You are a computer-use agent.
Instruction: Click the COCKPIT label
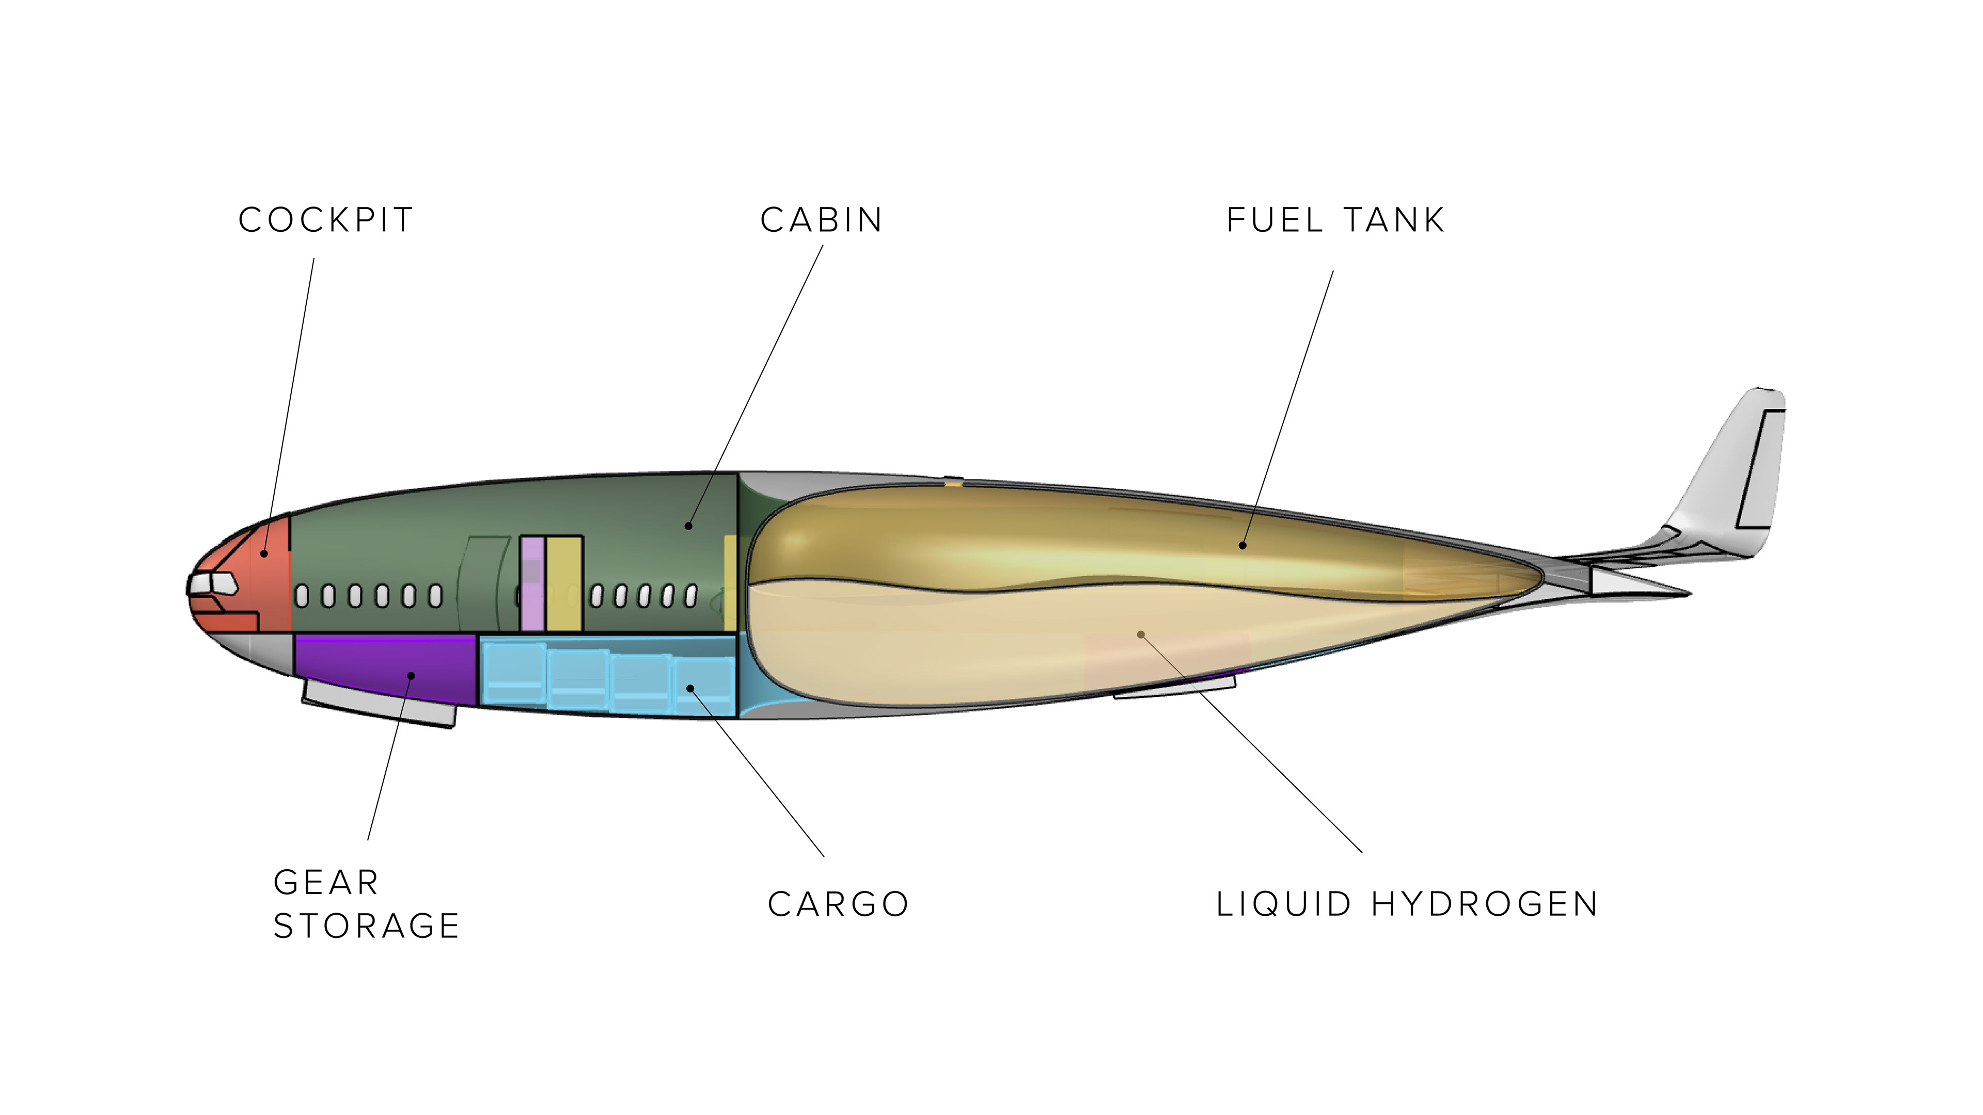tap(326, 220)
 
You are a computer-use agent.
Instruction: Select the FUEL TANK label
tap(1335, 220)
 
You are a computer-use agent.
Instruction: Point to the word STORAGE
tap(367, 926)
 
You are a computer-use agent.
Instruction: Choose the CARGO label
tap(838, 904)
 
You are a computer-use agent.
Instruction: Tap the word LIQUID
tap(1283, 904)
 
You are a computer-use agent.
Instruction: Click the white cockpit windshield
tap(213, 583)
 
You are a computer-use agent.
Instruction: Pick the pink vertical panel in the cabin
tap(532, 583)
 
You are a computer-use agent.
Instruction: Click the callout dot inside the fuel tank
tap(1242, 546)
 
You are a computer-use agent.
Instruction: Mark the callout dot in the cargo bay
tap(690, 688)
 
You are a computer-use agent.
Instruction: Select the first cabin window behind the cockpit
tap(303, 596)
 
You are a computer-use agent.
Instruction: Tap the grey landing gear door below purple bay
tap(377, 704)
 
